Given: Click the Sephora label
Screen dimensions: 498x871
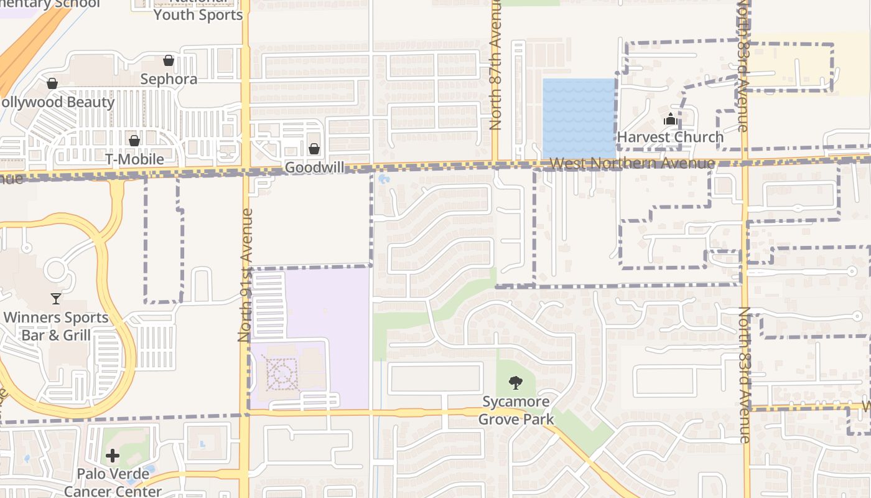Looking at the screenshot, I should tap(169, 79).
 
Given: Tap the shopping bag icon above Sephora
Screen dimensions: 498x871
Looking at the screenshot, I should tap(169, 60).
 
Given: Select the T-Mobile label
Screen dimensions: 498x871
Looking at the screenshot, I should tap(134, 159).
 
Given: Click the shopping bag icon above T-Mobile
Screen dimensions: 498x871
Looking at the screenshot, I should tap(134, 141).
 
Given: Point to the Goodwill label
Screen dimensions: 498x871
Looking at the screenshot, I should tap(314, 167).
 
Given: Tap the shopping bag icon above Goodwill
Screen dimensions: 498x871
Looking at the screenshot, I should tap(314, 149).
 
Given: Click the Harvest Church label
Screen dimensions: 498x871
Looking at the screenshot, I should tap(670, 137).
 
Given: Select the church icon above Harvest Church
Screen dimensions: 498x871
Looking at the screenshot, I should tap(670, 119).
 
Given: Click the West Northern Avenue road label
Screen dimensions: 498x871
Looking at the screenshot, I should tap(633, 163).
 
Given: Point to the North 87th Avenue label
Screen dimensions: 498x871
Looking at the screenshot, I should tap(495, 65).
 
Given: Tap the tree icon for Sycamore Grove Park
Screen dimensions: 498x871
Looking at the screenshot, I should tap(515, 383).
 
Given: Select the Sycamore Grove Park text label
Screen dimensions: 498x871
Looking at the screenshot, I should tap(516, 410).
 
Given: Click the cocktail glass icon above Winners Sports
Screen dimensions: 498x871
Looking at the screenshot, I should tap(56, 299).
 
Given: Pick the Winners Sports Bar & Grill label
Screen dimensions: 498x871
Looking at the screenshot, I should tap(56, 326).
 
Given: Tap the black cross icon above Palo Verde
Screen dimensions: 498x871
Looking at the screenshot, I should tap(113, 456).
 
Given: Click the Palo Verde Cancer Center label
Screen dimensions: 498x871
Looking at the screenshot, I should tap(113, 482).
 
